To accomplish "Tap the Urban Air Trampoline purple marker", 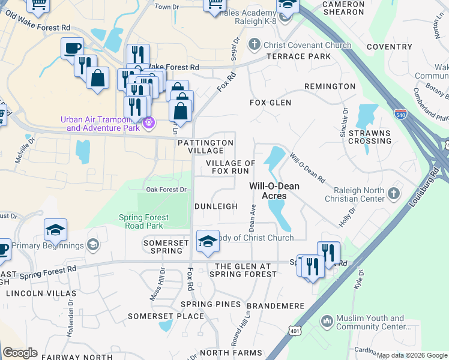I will [149, 124].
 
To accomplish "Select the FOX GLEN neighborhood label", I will [270, 103].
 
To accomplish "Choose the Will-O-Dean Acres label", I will [274, 191].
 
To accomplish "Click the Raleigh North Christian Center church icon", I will [394, 193].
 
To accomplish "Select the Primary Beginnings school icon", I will [92, 245].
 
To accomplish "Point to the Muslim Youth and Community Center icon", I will [327, 322].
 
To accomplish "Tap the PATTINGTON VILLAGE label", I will [205, 146].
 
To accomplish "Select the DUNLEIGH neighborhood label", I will [216, 206].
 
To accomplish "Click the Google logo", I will [20, 353].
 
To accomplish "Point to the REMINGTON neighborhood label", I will [330, 86].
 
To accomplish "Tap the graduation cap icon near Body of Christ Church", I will [208, 241].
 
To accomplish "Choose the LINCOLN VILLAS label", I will [41, 293].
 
